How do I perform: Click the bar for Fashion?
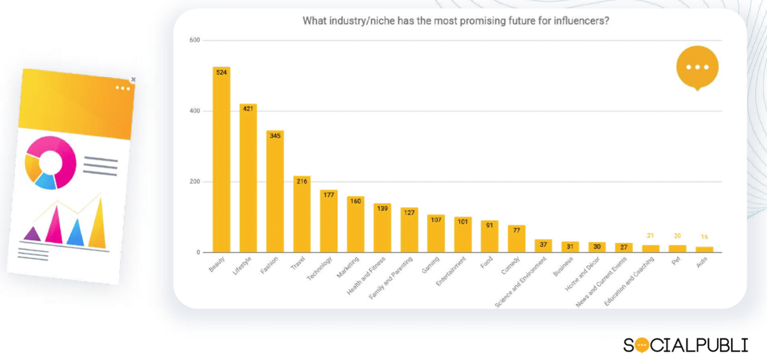(x=275, y=193)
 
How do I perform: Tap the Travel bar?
(x=301, y=216)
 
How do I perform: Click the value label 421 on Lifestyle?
(x=248, y=108)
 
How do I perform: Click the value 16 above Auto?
(x=705, y=237)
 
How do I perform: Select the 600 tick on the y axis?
(x=194, y=40)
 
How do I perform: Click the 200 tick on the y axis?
(x=194, y=182)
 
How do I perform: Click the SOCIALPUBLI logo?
(x=685, y=345)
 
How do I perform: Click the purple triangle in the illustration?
(x=32, y=233)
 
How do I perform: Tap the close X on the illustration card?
(x=133, y=79)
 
